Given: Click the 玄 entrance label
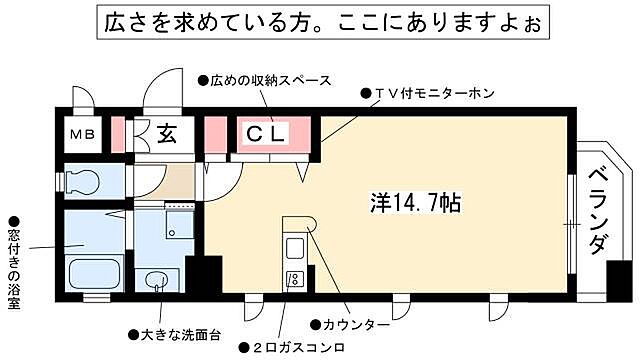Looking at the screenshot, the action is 166,134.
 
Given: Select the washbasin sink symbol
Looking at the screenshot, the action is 157,280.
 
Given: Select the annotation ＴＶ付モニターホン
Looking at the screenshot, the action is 429,93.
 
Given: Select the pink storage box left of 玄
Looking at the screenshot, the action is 118,134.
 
